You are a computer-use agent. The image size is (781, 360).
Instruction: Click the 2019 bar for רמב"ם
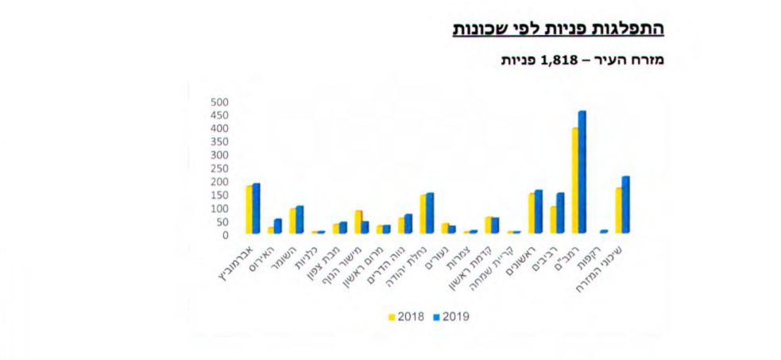582,172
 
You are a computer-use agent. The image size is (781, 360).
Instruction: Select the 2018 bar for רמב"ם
574,180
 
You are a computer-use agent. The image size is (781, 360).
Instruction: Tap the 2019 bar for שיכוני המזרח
625,204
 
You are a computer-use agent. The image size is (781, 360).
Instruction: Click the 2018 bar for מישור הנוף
358,222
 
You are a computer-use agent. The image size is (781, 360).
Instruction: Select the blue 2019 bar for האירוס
278,226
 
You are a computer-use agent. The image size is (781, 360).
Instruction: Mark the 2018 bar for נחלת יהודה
423,213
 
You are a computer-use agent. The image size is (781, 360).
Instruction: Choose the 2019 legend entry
450,316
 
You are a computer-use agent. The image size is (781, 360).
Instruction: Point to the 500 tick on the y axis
219,102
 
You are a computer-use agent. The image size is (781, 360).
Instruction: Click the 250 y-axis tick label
219,168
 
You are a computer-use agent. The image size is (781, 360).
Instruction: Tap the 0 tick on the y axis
225,235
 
